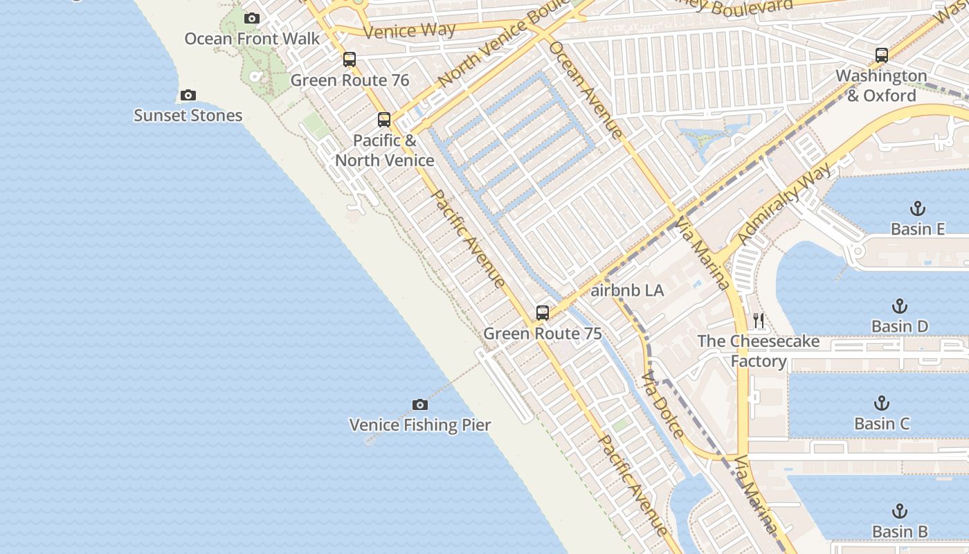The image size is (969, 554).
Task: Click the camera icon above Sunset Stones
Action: coord(188,96)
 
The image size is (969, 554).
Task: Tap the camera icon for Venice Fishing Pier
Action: coord(419,405)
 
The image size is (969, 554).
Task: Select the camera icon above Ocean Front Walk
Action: coord(252,19)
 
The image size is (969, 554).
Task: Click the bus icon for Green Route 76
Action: coord(350,60)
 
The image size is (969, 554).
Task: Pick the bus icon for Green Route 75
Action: coord(543,313)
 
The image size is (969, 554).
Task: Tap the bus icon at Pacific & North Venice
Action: coord(384,120)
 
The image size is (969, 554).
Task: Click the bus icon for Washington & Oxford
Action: coord(881,55)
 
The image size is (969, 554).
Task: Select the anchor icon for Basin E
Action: coord(917,208)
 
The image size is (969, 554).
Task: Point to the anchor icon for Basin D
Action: coord(899,306)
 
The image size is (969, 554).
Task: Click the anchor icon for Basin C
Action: coord(881,403)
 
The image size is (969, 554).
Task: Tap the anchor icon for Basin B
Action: coord(899,512)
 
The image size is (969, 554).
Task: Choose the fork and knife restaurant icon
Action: coord(759,321)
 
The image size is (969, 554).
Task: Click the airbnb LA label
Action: coord(627,291)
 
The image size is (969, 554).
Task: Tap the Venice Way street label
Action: coord(409,30)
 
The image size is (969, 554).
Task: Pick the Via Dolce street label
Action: coord(662,406)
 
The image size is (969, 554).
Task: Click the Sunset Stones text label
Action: coord(188,116)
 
